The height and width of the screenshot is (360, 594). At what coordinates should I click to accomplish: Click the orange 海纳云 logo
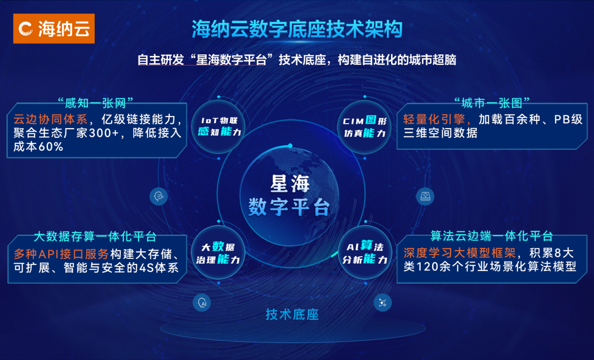(54, 29)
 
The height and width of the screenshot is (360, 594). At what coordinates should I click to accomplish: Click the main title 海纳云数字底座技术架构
(297, 29)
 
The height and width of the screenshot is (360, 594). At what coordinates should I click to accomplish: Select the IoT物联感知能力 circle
(219, 126)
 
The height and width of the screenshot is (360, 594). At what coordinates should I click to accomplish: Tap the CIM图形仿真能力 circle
(365, 127)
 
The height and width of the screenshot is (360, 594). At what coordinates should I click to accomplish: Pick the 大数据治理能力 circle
(218, 253)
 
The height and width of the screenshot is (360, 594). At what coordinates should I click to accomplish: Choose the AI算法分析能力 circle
(365, 252)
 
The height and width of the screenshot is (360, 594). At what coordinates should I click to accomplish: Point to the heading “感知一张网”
(96, 103)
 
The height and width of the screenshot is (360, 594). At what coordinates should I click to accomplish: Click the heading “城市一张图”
(492, 103)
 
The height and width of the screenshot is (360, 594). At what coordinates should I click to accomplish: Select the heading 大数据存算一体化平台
(95, 236)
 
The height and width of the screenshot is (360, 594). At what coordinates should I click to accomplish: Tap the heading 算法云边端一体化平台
(491, 236)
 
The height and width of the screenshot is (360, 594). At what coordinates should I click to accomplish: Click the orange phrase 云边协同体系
(51, 119)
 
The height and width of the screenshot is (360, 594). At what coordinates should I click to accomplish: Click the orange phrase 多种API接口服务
(62, 253)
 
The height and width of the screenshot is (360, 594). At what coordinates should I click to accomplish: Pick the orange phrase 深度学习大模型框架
(459, 253)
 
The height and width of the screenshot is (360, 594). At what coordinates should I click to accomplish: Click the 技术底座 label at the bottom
(292, 314)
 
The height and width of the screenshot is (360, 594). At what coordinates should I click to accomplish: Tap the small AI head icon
(202, 303)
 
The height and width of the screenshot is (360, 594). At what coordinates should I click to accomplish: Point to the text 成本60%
(38, 147)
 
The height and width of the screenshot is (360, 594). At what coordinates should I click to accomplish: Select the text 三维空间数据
(440, 133)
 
